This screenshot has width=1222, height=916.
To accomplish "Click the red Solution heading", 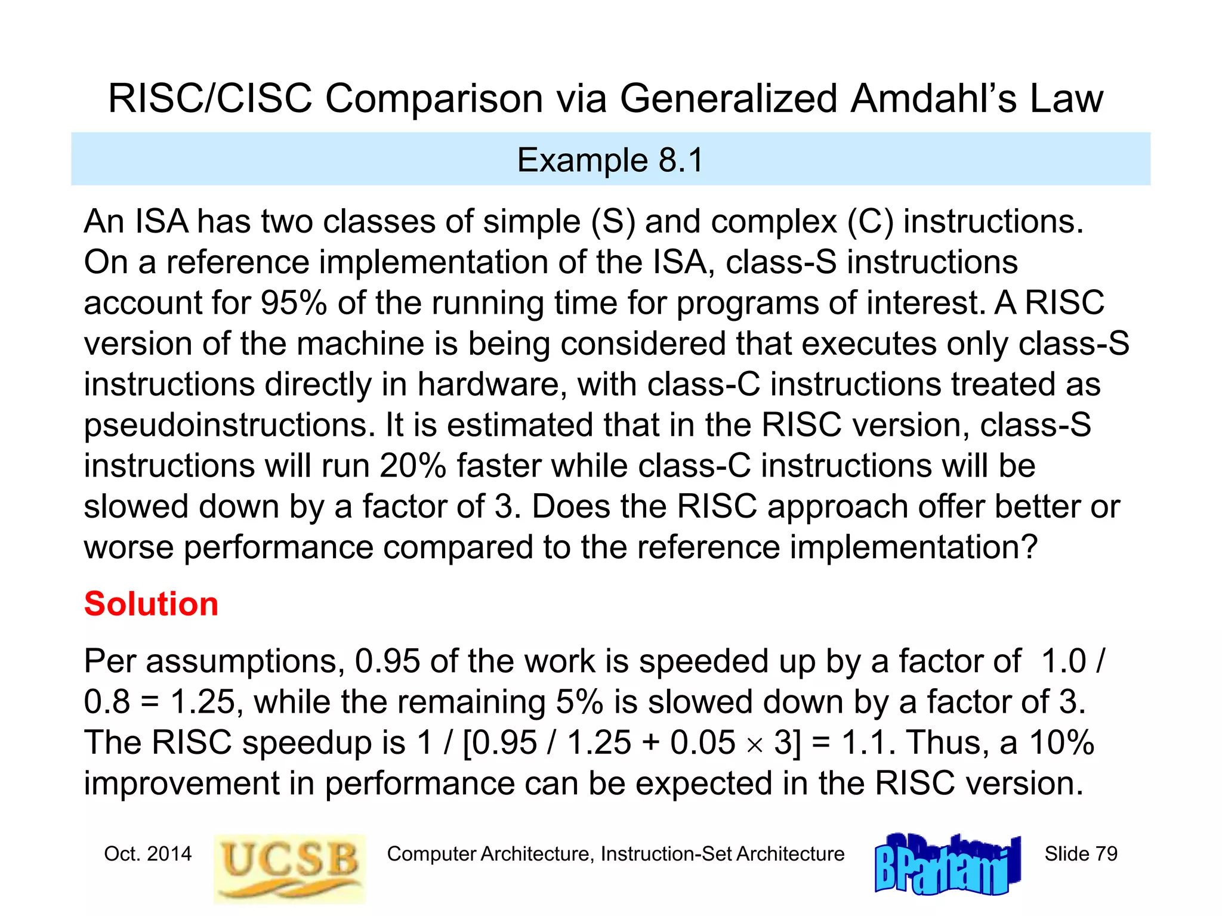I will point(151,604).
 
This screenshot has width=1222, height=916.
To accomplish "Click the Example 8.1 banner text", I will point(610,160).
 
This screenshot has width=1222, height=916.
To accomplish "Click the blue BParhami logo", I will point(947,865).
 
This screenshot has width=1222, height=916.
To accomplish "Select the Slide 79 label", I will point(1080,854).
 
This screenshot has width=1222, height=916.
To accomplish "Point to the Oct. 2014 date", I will point(148,854).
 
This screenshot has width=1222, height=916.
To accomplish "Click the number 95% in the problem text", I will point(294,303).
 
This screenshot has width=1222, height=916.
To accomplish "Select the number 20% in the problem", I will point(412,466).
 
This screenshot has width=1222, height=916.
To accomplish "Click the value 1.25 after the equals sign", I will point(202,702).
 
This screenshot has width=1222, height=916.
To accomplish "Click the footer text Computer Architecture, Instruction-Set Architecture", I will point(615,854).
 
